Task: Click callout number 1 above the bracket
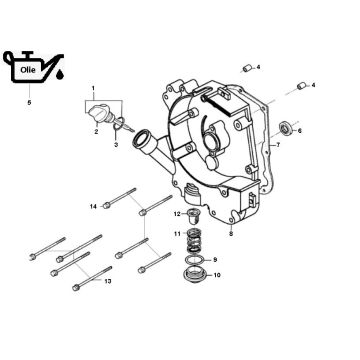(94, 89)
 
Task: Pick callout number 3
(115, 146)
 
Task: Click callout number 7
(277, 146)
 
